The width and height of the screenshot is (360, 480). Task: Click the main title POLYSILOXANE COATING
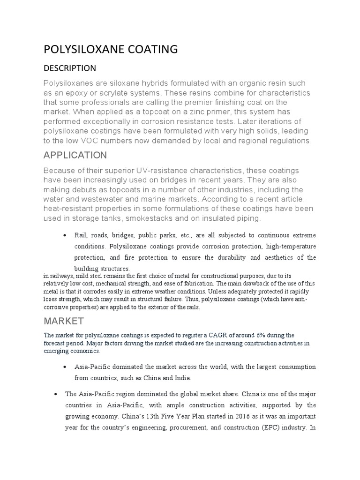click(x=111, y=49)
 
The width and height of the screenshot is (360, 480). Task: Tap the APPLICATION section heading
click(x=75, y=155)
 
